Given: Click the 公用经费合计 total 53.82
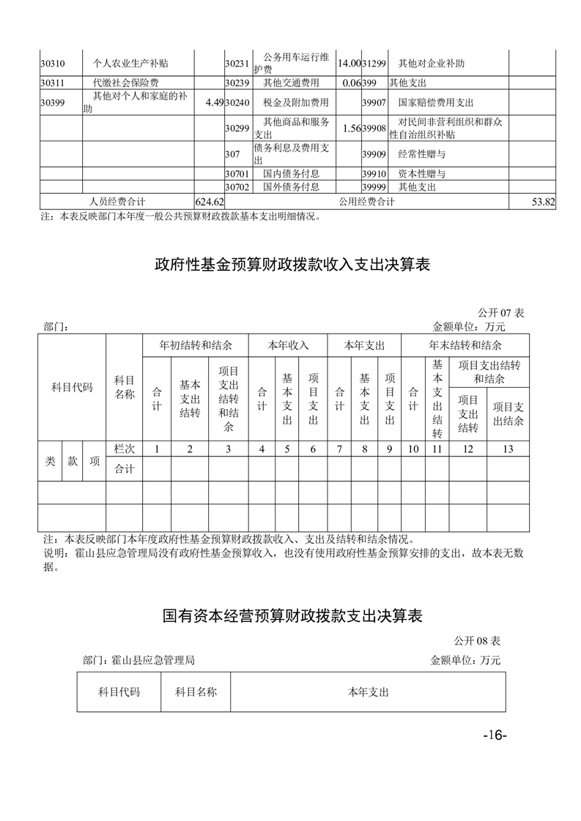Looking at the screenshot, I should (x=541, y=201).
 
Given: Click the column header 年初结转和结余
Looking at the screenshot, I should (x=196, y=345).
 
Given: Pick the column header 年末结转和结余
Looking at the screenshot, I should (x=465, y=345).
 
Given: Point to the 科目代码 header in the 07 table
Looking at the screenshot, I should (x=72, y=388).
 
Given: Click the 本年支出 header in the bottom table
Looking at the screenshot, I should (x=368, y=691).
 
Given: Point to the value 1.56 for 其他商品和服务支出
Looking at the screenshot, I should (x=349, y=128).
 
